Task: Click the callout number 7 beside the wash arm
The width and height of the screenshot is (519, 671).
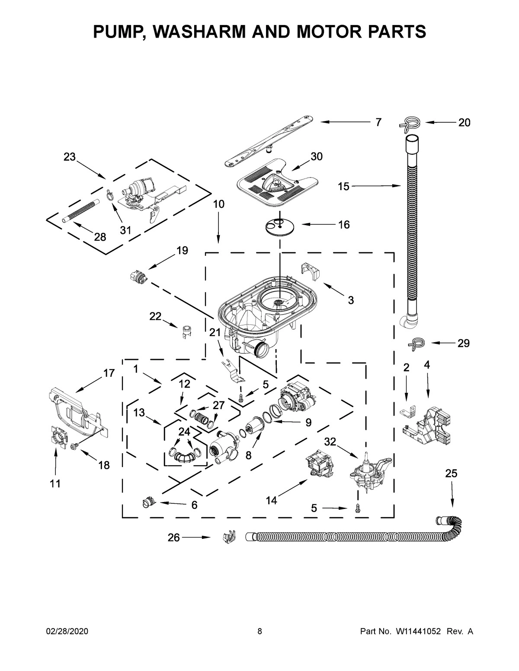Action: click(x=378, y=123)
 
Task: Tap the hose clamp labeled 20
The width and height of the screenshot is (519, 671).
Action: click(x=409, y=123)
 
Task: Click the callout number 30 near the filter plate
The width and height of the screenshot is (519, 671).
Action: click(x=317, y=156)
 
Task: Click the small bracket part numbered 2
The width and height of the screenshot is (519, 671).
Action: click(x=408, y=410)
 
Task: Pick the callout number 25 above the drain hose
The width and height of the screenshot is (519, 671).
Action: click(x=451, y=474)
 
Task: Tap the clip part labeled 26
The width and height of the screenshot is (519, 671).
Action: click(x=227, y=538)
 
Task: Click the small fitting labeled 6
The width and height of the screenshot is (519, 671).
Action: click(x=147, y=503)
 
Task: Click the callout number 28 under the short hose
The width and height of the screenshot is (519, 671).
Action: click(x=100, y=237)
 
